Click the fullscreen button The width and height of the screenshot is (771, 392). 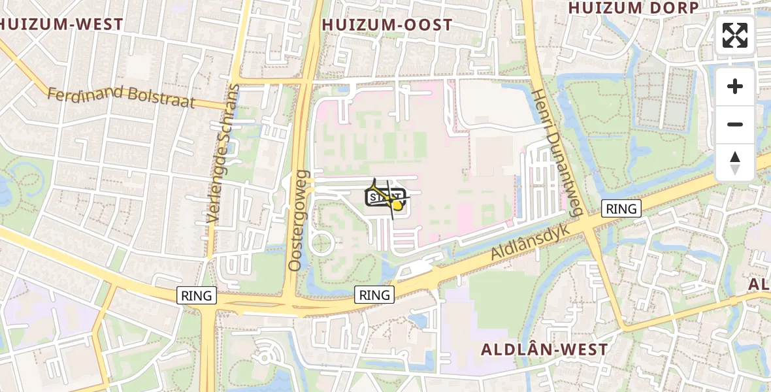point(735,35)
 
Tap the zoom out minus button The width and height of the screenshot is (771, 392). point(735,124)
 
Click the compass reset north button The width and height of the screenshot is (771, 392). point(735,163)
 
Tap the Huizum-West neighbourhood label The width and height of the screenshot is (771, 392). point(61,25)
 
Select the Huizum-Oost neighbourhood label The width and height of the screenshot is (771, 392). point(387,25)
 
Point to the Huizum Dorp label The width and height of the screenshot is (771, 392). point(633,8)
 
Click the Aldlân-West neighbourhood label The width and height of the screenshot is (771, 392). point(544,350)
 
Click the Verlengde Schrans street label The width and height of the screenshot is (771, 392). point(223,154)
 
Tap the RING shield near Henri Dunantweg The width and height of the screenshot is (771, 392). point(621,208)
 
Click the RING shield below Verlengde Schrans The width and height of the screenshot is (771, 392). point(197,295)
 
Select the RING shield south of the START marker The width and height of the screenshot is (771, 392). point(375,295)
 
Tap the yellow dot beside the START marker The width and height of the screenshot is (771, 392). point(397,205)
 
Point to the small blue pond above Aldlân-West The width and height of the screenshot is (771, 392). point(416,319)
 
